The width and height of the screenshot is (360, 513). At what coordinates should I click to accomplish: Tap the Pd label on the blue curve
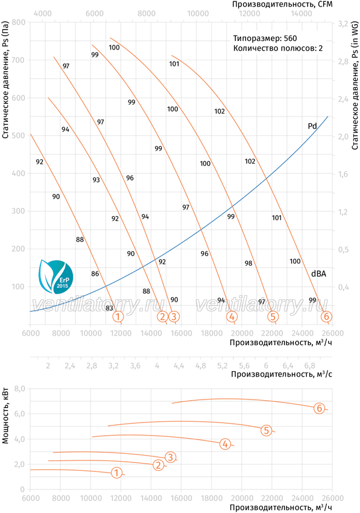pyautogui.click(x=312, y=126)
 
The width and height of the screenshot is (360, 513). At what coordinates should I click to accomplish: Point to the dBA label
pyautogui.click(x=318, y=273)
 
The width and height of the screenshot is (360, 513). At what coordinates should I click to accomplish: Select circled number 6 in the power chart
pyautogui.click(x=319, y=409)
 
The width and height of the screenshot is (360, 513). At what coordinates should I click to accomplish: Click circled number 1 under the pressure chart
pyautogui.click(x=118, y=316)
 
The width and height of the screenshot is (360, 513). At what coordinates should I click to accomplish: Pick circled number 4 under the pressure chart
pyautogui.click(x=232, y=316)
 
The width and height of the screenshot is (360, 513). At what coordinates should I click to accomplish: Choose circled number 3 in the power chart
pyautogui.click(x=171, y=457)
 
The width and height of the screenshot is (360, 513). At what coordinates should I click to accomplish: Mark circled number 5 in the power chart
pyautogui.click(x=267, y=430)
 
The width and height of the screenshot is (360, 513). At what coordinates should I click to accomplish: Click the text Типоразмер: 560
pyautogui.click(x=265, y=38)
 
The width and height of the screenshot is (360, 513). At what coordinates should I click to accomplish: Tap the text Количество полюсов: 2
pyautogui.click(x=278, y=48)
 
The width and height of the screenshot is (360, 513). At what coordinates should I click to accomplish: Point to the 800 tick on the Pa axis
pyautogui.click(x=19, y=22)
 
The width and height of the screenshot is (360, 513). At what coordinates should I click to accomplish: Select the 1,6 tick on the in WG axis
pyautogui.click(x=343, y=174)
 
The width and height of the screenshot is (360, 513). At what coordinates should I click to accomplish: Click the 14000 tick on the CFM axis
pyautogui.click(x=301, y=13)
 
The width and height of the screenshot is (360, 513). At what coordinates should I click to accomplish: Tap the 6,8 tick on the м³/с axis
pyautogui.click(x=309, y=366)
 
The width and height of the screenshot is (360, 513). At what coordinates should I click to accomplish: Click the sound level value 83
pyautogui.click(x=109, y=308)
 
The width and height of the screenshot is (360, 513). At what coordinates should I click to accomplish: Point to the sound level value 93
pyautogui.click(x=96, y=180)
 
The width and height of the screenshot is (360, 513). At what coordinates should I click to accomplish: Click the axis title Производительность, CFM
pyautogui.click(x=282, y=4)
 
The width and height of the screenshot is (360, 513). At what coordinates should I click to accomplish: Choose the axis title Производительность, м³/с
pyautogui.click(x=282, y=374)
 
